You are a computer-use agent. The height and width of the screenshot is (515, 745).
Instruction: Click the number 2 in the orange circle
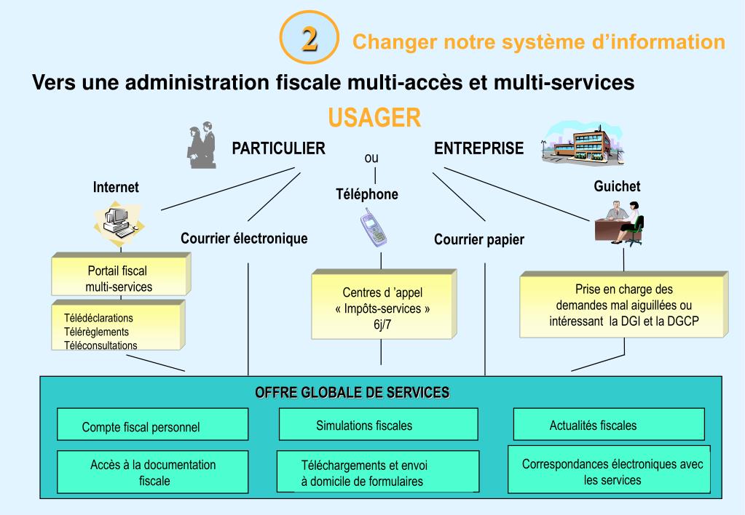point(310,39)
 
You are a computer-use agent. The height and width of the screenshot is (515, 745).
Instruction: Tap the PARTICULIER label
point(278,149)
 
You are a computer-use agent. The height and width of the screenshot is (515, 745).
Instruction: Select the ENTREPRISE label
point(478,149)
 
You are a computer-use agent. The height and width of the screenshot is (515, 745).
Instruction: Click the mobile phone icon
point(374,226)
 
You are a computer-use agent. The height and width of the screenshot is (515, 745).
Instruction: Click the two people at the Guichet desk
point(618,222)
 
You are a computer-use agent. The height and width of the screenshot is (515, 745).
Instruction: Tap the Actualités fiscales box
point(593,426)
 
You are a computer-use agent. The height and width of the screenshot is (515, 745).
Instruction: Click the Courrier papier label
point(478,239)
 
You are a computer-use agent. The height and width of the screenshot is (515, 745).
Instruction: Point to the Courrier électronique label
point(244,238)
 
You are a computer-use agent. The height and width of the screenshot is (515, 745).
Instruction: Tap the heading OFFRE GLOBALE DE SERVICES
point(352,393)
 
